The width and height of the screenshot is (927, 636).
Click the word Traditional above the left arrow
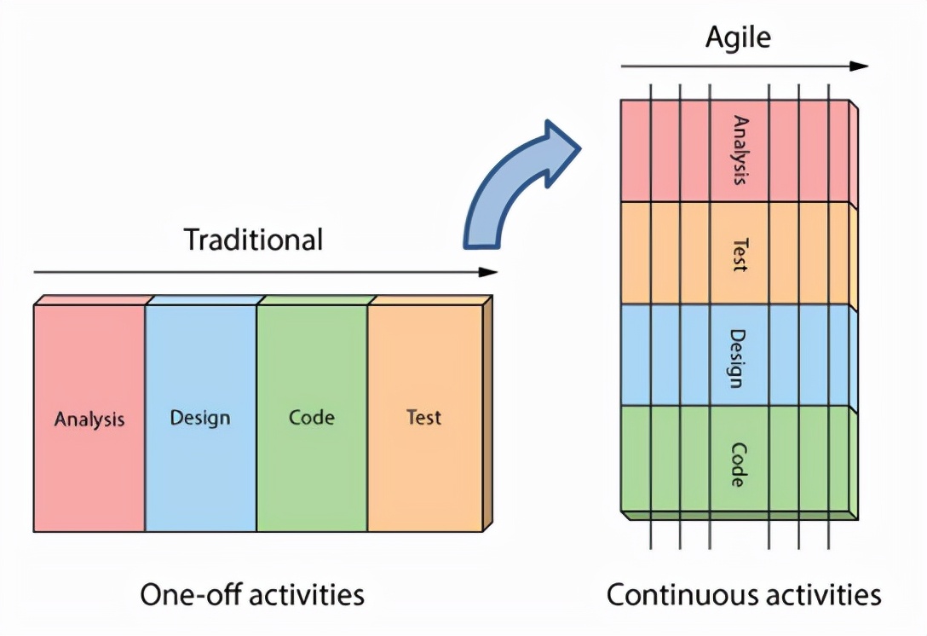tap(254, 240)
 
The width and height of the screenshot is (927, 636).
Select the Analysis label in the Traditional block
tap(89, 419)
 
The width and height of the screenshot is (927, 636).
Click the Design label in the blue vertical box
tap(200, 418)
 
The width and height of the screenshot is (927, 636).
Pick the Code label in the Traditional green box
tap(311, 418)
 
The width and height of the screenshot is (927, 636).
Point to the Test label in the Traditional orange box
tap(423, 418)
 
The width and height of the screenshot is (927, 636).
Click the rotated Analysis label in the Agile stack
tap(740, 151)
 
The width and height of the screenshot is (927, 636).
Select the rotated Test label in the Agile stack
tap(740, 253)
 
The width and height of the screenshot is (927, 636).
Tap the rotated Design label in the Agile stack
tap(740, 357)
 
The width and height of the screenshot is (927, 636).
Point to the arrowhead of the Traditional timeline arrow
tap(488, 272)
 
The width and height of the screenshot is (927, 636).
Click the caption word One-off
tap(188, 594)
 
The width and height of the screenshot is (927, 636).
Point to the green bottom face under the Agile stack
tap(740, 514)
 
